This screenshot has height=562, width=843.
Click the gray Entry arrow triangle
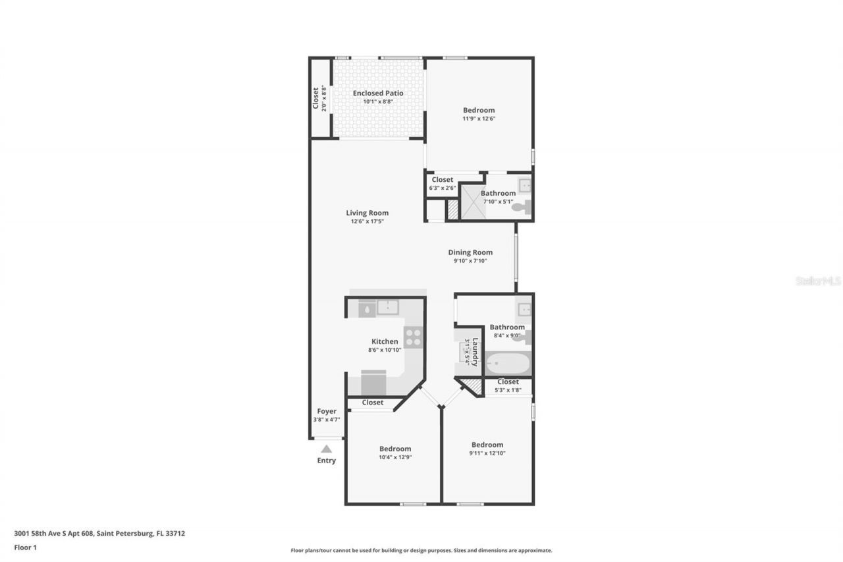[326, 449]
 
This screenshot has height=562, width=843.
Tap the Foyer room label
[327, 411]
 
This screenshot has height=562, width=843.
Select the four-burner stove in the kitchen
[413, 337]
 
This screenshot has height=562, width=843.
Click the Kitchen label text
[385, 341]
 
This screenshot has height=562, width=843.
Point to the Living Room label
[367, 213]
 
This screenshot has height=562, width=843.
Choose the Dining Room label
[470, 252]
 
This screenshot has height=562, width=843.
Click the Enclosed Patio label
[378, 94]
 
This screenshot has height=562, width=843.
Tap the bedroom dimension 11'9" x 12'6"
[478, 119]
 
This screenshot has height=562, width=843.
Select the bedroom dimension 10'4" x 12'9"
[395, 457]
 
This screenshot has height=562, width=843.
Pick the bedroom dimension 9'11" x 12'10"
[487, 453]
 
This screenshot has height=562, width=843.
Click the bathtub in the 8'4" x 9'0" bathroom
[507, 363]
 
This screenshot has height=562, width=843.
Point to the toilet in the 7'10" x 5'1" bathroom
[520, 207]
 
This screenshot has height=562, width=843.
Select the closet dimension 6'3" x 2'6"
[442, 188]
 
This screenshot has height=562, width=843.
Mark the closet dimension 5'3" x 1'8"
[508, 390]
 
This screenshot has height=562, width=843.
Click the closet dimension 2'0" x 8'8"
[324, 98]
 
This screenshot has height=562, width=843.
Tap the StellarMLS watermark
[818, 281]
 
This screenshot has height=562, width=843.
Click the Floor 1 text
[25, 547]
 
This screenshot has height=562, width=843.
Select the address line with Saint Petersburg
[99, 533]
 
